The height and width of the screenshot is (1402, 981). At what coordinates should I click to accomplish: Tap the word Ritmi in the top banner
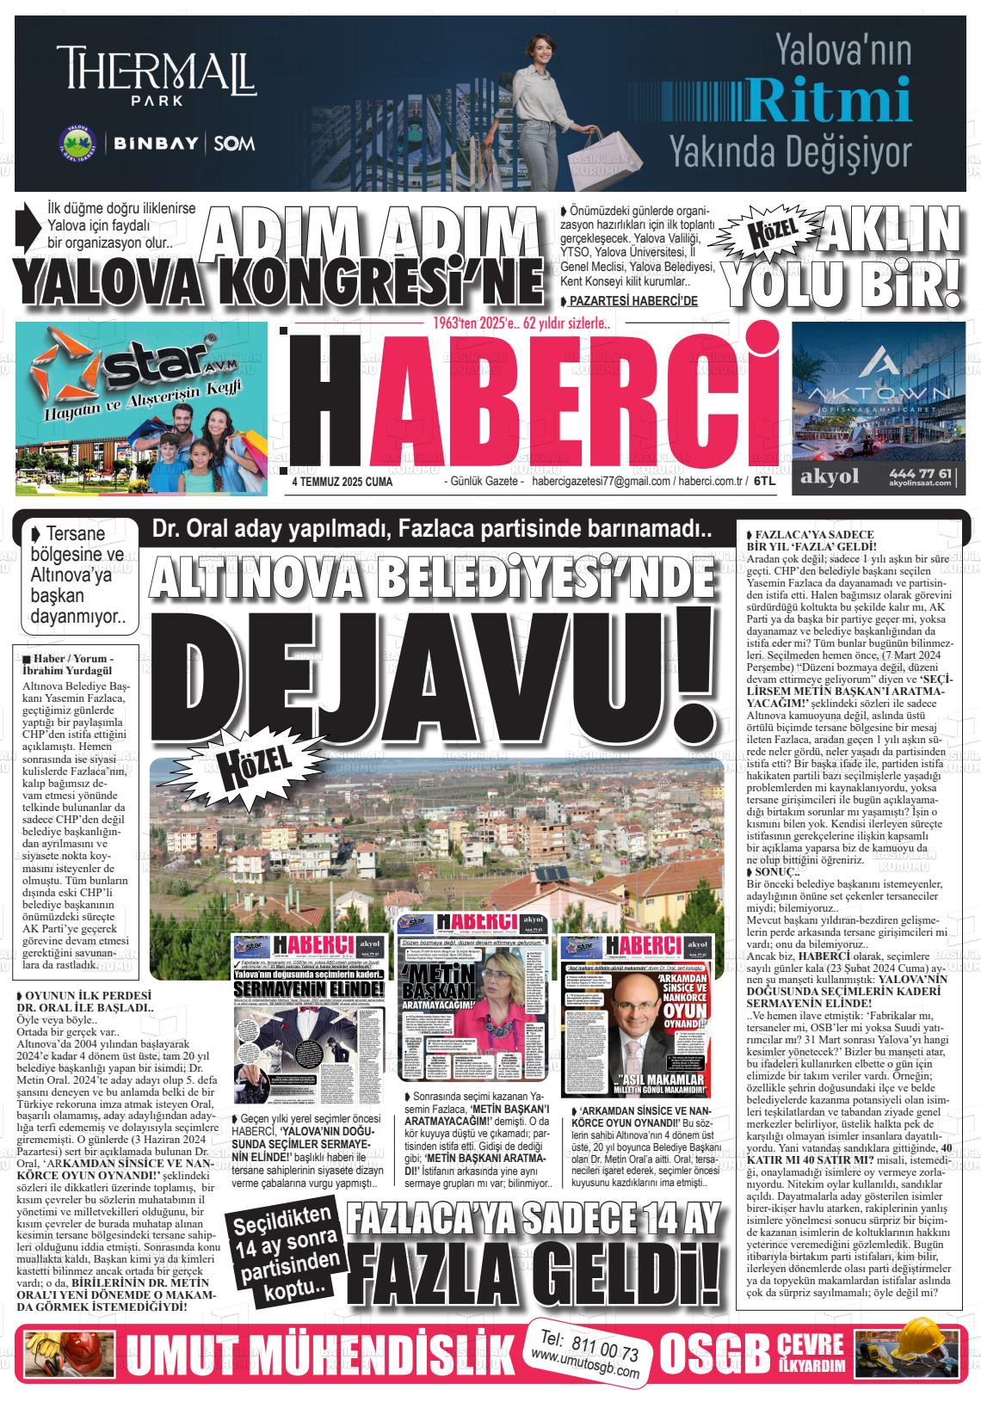click(x=830, y=99)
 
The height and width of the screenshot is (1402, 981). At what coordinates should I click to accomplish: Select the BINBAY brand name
click(x=157, y=144)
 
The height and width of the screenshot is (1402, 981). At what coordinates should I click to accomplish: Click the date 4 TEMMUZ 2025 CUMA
click(x=342, y=483)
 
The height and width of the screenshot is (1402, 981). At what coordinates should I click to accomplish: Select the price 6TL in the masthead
click(x=764, y=483)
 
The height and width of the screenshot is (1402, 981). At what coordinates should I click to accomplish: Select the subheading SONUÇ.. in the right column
click(x=774, y=871)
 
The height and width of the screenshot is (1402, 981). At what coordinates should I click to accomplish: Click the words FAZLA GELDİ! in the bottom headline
click(x=538, y=1272)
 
